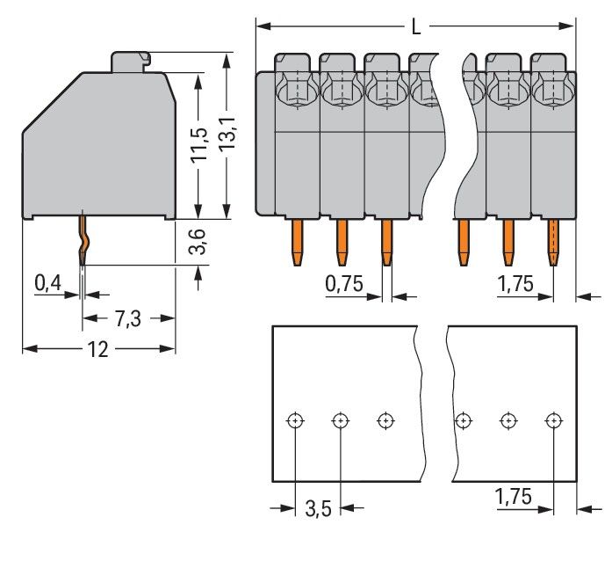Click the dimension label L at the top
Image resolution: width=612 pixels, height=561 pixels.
pos(415,27)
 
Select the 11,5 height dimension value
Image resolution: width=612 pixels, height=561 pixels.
pos(200,145)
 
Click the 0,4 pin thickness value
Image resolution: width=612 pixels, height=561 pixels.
pos(47,282)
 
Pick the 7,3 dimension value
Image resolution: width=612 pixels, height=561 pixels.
pos(128,319)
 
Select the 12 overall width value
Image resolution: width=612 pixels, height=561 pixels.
pos(97,349)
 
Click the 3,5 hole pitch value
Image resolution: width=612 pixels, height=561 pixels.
pos(318,509)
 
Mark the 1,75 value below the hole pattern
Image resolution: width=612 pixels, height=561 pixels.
pos(514,497)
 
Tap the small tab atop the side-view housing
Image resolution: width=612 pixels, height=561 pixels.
pos(131,62)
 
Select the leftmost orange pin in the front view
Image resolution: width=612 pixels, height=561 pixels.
pos(297,241)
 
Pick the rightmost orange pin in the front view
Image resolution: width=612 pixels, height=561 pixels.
pos(553,241)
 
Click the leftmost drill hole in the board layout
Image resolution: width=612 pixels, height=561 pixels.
pos(295,420)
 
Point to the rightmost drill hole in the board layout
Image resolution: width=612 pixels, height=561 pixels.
pos(552,420)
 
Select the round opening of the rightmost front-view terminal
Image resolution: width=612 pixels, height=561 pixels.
pos(551,90)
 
